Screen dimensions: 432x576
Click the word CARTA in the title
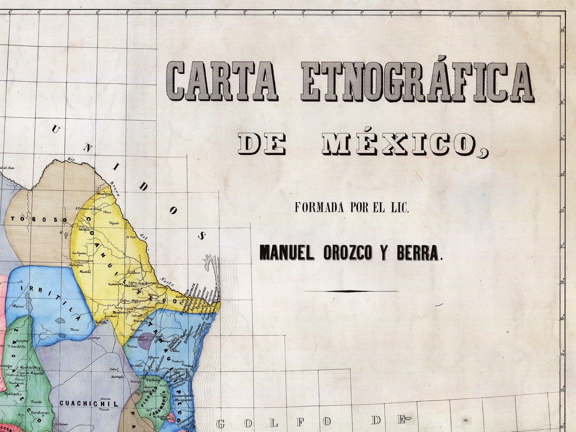click(222, 81)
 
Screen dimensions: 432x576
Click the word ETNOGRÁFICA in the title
click(417, 82)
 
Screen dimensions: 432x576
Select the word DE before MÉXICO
click(262, 144)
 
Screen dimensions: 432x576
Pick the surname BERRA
click(417, 252)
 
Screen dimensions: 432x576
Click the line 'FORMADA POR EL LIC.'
click(352, 208)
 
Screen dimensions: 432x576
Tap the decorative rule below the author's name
click(351, 291)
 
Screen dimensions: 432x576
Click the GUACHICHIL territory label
click(88, 403)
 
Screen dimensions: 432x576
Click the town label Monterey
click(120, 313)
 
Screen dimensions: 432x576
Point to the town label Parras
click(75, 329)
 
